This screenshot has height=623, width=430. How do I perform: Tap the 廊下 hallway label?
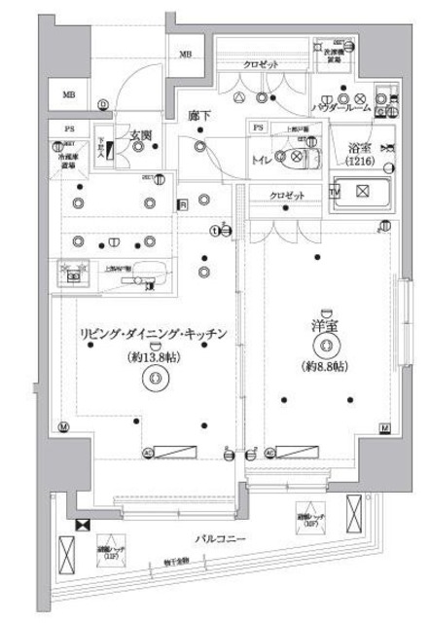tap(199, 117)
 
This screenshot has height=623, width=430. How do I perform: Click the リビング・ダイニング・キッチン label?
tap(153, 334)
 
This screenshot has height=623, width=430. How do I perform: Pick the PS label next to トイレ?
tap(257, 128)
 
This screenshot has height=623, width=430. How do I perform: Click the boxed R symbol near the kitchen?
tap(182, 204)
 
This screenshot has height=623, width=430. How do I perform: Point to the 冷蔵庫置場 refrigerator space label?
tap(67, 160)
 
